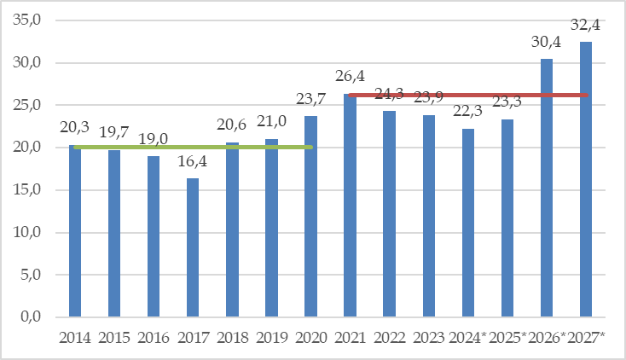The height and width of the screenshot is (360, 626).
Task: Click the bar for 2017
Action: pos(193,247)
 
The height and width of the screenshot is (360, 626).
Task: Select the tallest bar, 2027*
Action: pos(586,179)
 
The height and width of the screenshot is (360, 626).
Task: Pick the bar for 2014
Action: pos(75,230)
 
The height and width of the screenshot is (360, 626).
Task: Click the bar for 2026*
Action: pos(547,188)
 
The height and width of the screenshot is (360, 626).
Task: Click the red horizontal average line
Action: pos(469,95)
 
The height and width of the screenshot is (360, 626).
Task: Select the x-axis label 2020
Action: pos(310,339)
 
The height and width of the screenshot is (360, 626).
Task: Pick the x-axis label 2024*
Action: pos(469,339)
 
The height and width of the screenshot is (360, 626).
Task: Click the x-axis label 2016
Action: pos(154,339)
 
